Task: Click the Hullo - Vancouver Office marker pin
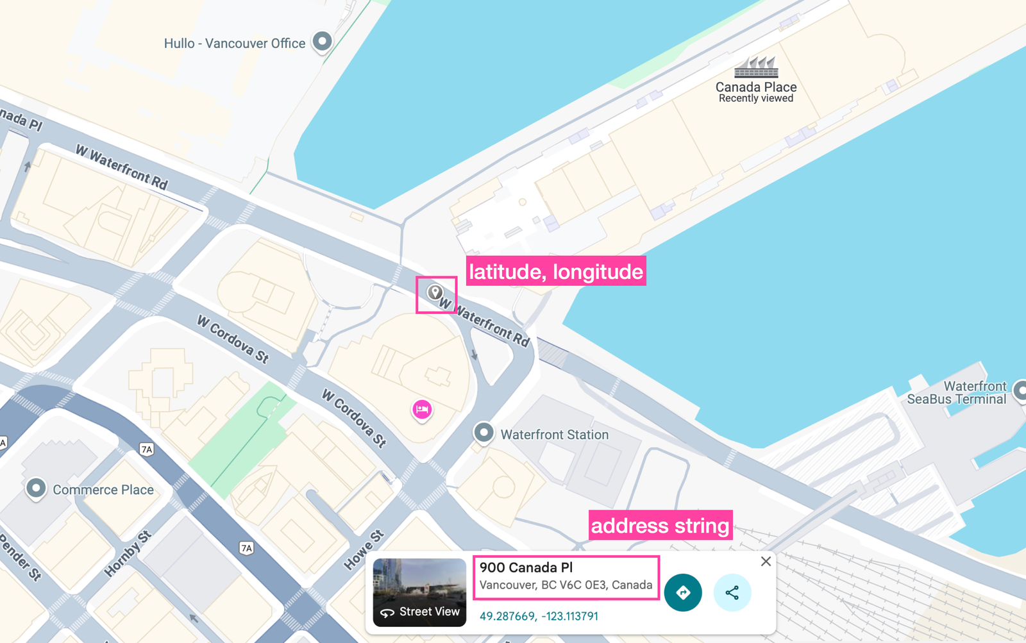point(322,42)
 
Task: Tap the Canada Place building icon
point(756,67)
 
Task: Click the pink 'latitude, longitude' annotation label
point(555,271)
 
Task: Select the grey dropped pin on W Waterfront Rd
point(435,293)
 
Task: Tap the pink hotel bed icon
point(422,409)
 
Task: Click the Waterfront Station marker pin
point(484,433)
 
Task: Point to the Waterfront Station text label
point(554,435)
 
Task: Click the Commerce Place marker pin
point(36,489)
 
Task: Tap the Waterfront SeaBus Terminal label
point(956,392)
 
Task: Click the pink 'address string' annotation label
point(660,526)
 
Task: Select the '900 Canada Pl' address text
point(526,567)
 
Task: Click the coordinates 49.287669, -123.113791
point(539,616)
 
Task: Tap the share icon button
point(732,592)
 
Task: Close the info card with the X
point(766,562)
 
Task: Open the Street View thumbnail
point(419,592)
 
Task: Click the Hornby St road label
point(128,553)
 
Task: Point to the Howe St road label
point(364,549)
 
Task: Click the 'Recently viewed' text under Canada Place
point(755,99)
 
